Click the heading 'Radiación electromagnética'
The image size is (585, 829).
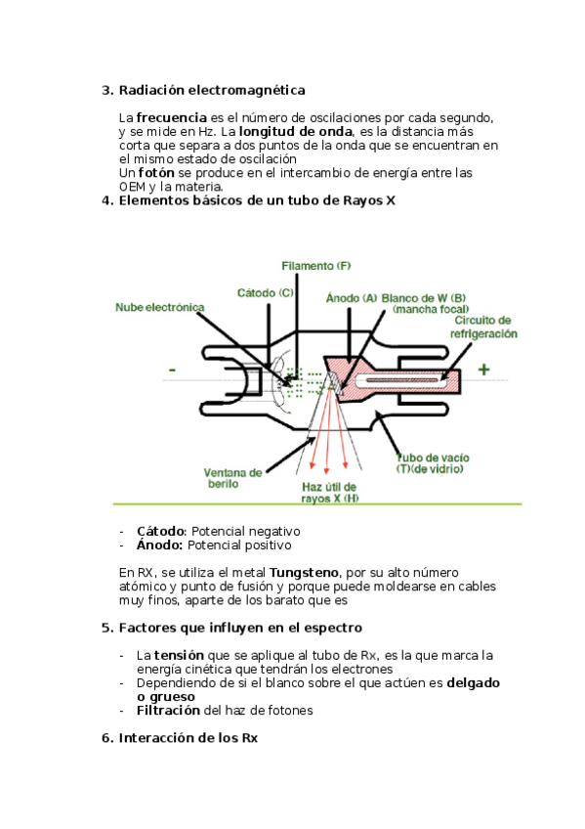[x=212, y=90]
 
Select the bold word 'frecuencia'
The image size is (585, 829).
[x=172, y=117]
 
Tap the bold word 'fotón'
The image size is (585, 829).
[x=156, y=173]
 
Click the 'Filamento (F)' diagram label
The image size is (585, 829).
[x=316, y=266]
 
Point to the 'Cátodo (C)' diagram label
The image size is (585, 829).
[x=265, y=293]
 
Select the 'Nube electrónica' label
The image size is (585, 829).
[x=160, y=307]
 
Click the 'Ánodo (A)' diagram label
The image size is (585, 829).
[x=352, y=298]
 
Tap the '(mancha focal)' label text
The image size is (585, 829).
[x=431, y=309]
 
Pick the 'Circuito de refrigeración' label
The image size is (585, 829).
[x=483, y=327]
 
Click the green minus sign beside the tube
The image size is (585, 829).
[x=172, y=371]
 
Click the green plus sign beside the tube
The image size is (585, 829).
[x=483, y=370]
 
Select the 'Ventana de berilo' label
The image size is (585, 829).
[x=232, y=478]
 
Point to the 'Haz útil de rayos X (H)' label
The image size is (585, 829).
[x=329, y=493]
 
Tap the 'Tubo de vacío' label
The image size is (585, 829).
[x=433, y=458]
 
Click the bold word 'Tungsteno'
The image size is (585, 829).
[x=304, y=573]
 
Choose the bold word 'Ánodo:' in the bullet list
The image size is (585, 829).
[x=160, y=545]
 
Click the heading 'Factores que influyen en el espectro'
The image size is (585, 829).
[x=240, y=628]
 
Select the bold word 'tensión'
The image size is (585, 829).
[x=179, y=656]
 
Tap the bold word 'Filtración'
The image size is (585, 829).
[x=168, y=710]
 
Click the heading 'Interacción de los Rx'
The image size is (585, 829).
[x=188, y=737]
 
